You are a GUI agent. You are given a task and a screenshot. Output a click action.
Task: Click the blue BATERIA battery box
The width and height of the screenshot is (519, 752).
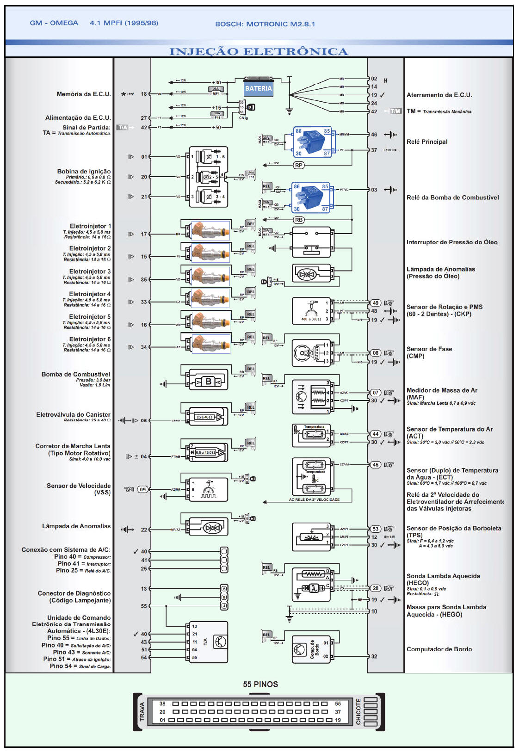(258, 88)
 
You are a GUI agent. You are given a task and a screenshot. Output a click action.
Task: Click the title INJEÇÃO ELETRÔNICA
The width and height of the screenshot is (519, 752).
(259, 51)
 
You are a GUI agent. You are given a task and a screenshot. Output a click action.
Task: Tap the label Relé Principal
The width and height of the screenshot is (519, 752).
(427, 142)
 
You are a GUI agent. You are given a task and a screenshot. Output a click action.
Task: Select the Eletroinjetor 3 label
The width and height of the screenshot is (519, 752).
(90, 271)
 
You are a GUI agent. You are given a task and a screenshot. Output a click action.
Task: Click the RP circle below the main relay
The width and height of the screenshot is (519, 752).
(299, 165)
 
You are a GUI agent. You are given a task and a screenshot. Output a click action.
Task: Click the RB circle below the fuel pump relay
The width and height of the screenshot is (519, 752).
(299, 220)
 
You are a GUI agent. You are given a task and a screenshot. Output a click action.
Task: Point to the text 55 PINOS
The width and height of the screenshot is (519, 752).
(260, 684)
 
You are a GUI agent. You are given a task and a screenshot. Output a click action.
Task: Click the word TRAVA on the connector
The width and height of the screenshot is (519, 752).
(142, 711)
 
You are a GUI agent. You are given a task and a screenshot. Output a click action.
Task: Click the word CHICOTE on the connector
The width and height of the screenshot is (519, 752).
(358, 711)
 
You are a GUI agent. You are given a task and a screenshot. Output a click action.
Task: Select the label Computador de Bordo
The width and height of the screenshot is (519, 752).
(439, 649)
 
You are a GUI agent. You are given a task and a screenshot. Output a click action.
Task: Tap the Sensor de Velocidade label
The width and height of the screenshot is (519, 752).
(79, 486)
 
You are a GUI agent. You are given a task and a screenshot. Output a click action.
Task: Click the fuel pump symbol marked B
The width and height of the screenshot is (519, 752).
(208, 382)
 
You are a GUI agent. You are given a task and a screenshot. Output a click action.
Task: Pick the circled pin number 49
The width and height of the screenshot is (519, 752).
(376, 303)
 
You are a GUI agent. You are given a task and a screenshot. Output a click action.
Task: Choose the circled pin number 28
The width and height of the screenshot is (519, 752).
(376, 588)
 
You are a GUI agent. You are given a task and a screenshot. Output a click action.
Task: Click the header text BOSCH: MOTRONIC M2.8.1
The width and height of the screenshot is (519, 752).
(265, 24)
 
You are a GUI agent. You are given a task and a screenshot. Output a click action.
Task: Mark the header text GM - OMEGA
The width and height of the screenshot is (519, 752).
(54, 23)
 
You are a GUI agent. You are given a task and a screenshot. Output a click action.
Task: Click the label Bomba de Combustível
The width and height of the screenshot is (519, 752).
(76, 374)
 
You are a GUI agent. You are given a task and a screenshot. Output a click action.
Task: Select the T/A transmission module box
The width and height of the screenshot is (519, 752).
(208, 641)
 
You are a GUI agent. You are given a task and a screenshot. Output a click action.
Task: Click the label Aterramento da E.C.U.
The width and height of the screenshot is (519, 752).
(439, 95)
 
